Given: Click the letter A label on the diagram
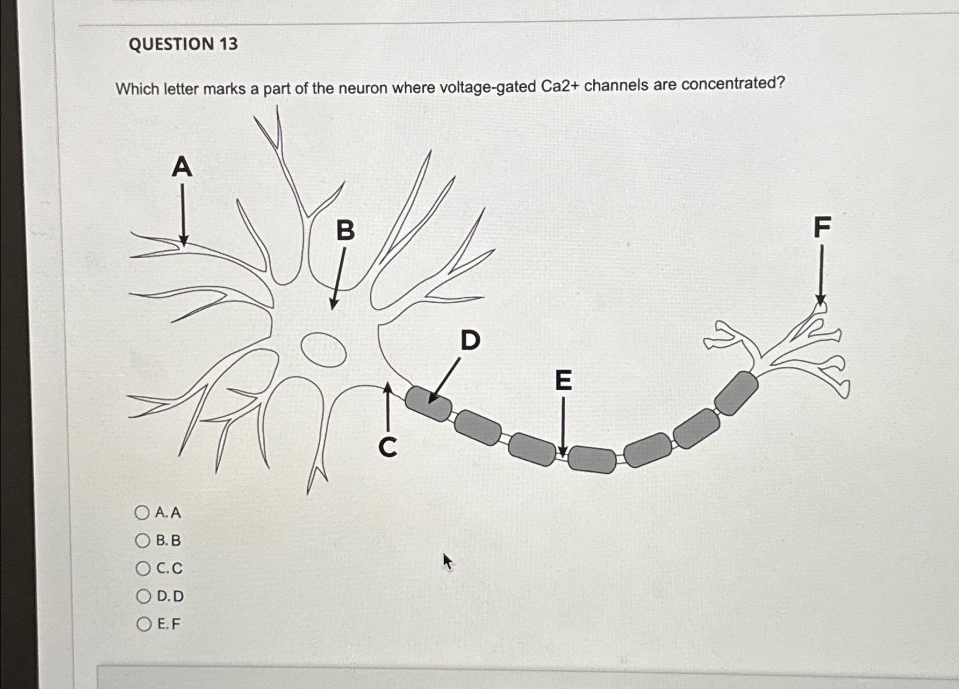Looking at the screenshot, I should tap(182, 167).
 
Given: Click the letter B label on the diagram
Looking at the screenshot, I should tap(346, 230).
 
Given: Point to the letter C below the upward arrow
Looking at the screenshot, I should tap(388, 448).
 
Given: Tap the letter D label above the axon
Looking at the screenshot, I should tap(470, 340).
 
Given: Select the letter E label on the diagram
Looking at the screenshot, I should tap(563, 381).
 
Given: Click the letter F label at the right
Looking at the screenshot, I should tap(822, 227).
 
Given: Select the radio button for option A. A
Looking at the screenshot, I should tap(142, 513).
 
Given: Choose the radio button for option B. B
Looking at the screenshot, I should tap(142, 540).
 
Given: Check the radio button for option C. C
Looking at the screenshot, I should tap(143, 568).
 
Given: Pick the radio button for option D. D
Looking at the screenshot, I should tap(143, 596).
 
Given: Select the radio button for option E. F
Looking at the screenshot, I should tap(144, 624).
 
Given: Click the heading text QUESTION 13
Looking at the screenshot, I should tap(183, 44).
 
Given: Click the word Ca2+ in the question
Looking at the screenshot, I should tap(559, 86).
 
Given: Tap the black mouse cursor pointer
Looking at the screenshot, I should tap(447, 561).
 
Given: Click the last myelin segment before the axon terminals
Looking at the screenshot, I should tap(736, 393).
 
